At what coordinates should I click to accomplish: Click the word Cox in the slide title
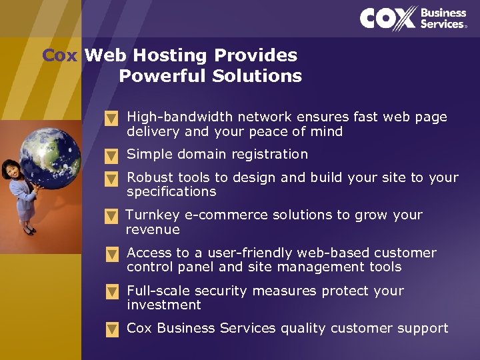pyautogui.click(x=60, y=55)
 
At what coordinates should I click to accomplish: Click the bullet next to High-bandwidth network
pyautogui.click(x=112, y=119)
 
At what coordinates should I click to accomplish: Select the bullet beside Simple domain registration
pyautogui.click(x=112, y=156)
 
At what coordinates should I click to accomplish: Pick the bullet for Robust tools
pyautogui.click(x=112, y=179)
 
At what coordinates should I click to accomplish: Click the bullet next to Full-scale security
pyautogui.click(x=112, y=292)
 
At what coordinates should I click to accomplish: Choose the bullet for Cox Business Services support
pyautogui.click(x=112, y=329)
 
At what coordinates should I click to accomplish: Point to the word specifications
pyautogui.click(x=171, y=192)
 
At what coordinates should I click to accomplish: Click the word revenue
pyautogui.click(x=153, y=229)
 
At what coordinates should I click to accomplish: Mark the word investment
pyautogui.click(x=163, y=305)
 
